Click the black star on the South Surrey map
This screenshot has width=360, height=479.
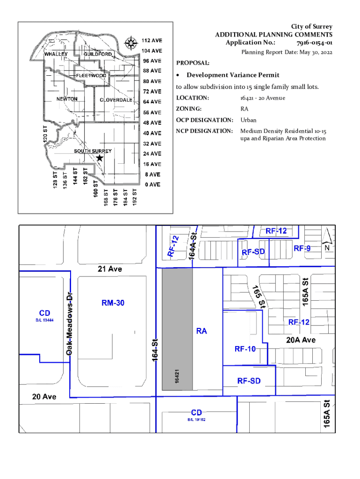[x=100, y=158]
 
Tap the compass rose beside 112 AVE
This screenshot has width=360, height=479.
[x=130, y=44]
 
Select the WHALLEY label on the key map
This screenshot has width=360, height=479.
[x=56, y=54]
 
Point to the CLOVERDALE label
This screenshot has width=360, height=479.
[x=116, y=100]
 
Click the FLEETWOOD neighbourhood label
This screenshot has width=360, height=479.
[x=91, y=75]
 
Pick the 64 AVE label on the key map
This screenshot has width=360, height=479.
[x=152, y=102]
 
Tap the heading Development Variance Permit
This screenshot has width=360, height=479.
[x=233, y=75]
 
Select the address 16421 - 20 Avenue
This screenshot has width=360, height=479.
[x=262, y=98]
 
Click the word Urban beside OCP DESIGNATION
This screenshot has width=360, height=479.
[x=248, y=120]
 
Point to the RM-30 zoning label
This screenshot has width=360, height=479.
[x=113, y=303]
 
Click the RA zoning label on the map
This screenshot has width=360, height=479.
[x=202, y=331]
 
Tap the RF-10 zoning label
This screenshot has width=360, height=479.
[x=245, y=349]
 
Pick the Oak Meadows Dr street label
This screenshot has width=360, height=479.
[x=69, y=323]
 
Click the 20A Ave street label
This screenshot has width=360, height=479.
[x=301, y=341]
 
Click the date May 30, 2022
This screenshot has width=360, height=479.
[x=312, y=52]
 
